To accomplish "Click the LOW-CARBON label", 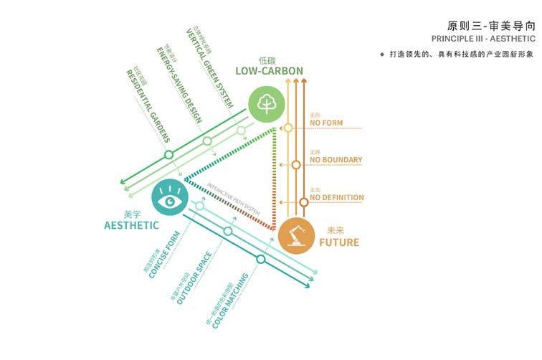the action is [x=269, y=71].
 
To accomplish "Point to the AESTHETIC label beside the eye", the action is [x=131, y=225].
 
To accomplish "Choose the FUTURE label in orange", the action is [x=339, y=242].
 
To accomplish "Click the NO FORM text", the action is [x=326, y=123].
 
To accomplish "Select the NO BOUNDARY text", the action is [x=336, y=161].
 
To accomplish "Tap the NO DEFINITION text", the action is [x=337, y=197].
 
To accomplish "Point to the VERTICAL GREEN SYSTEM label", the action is [x=210, y=69].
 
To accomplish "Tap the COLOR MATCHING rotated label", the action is [x=232, y=295].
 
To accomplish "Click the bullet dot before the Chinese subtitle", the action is [x=382, y=54].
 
